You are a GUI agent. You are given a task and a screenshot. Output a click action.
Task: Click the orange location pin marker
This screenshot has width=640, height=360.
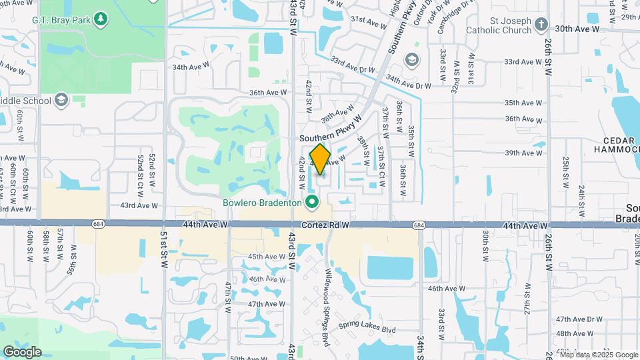click(x=321, y=159)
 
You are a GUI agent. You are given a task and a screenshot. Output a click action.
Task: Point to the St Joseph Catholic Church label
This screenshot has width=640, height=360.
click(x=501, y=25)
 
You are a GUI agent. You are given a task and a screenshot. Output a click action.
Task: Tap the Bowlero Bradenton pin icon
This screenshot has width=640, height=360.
click(x=311, y=201)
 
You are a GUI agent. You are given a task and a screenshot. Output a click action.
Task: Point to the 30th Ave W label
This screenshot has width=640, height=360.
click(x=574, y=29)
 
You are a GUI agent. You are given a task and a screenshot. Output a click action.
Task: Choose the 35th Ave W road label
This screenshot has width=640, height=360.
click(x=523, y=103)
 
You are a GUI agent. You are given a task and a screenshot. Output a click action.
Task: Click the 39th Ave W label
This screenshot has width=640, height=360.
click(x=523, y=153)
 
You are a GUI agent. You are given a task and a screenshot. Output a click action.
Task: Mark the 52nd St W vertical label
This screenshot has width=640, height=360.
click(x=152, y=169)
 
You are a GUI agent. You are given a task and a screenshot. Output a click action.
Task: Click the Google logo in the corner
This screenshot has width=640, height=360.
click(x=21, y=352)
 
